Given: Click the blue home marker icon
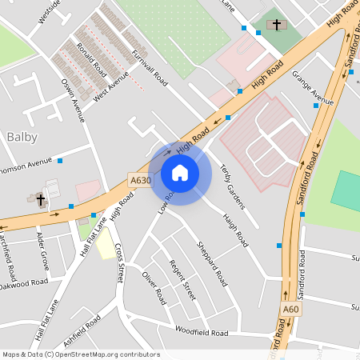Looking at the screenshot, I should tap(180, 172).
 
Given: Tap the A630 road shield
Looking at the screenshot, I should tap(140, 181).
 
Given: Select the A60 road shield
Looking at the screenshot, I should tap(290, 309).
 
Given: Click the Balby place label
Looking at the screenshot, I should tap(22, 137).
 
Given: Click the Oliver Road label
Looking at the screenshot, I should tap(153, 287).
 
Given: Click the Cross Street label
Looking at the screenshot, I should tap(119, 263).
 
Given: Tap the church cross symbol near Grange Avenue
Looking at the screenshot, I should tap(278, 25).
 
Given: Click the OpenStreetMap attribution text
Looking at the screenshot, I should tap(81, 354).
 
